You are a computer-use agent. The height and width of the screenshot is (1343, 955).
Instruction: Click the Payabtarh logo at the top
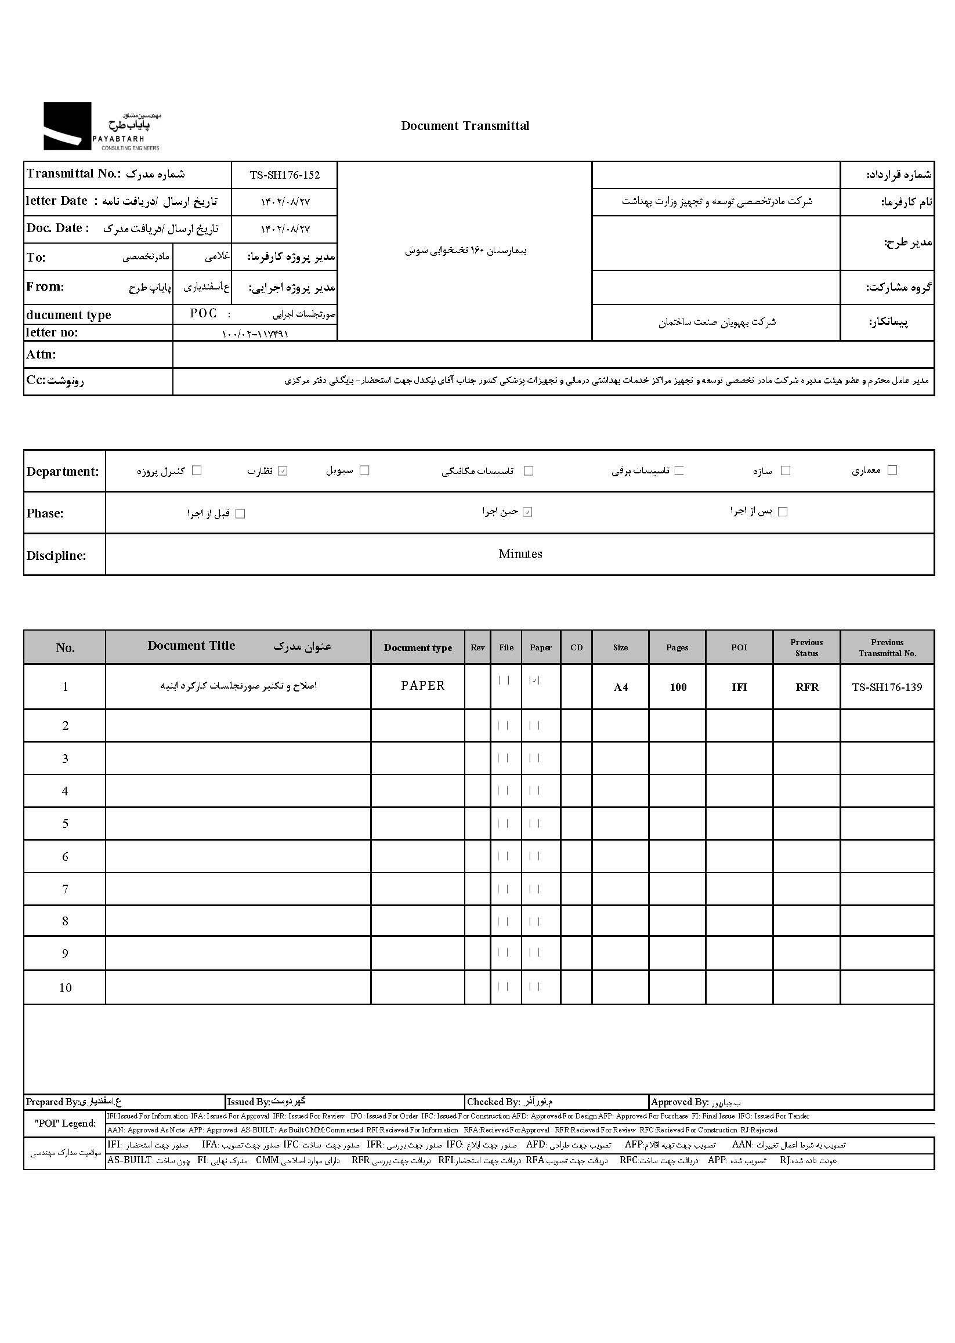pyautogui.click(x=101, y=126)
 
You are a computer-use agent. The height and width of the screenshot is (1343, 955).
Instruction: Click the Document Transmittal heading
pyautogui.click(x=465, y=126)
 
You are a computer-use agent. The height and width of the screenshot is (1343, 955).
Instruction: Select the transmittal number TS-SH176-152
pyautogui.click(x=285, y=175)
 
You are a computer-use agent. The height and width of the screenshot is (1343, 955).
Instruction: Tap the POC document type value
pyautogui.click(x=203, y=313)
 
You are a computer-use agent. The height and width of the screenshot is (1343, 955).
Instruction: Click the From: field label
pyautogui.click(x=45, y=287)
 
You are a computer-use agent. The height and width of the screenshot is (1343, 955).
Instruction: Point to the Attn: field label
pyautogui.click(x=41, y=354)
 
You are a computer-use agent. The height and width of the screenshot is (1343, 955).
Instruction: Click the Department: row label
pyautogui.click(x=62, y=472)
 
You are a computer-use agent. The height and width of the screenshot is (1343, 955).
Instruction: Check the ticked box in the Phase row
pyautogui.click(x=527, y=512)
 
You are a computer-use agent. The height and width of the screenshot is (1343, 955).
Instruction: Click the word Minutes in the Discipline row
pyautogui.click(x=520, y=554)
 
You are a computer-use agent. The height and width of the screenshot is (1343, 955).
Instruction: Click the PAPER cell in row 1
pyautogui.click(x=423, y=686)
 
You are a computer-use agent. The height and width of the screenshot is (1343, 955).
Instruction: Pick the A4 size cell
pyautogui.click(x=620, y=687)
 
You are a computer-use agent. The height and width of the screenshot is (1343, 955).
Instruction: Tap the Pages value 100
pyautogui.click(x=678, y=687)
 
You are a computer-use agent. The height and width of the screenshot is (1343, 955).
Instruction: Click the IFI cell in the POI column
pyautogui.click(x=739, y=687)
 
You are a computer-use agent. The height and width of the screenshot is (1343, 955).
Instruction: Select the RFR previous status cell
pyautogui.click(x=807, y=687)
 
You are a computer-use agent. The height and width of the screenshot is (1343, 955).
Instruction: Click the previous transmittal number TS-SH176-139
pyautogui.click(x=887, y=687)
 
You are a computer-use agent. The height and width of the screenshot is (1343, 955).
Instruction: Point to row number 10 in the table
pyautogui.click(x=66, y=988)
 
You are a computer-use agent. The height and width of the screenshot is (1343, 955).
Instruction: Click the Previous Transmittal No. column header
pyautogui.click(x=887, y=647)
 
